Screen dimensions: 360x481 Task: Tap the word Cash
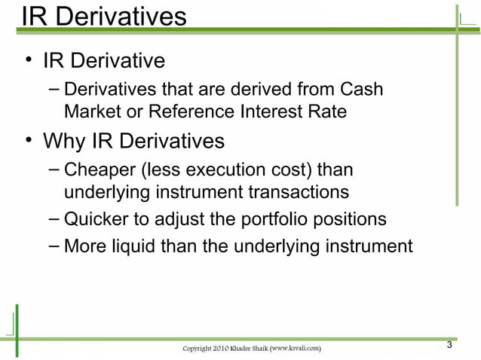pos(361,90)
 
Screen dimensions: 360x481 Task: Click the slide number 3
pos(449,345)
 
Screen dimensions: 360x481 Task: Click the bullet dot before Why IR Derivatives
pos(28,141)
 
